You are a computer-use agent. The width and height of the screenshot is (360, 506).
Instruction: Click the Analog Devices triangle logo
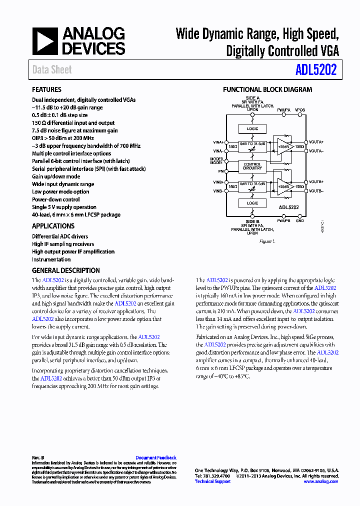[x=45, y=41]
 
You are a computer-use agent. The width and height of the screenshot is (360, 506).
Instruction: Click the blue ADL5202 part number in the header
[x=315, y=69]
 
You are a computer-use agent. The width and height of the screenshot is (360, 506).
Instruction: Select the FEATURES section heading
[x=46, y=89]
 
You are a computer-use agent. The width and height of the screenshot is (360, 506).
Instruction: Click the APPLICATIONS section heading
[x=53, y=226]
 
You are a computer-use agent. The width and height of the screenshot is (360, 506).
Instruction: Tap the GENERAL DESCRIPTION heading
[x=65, y=270]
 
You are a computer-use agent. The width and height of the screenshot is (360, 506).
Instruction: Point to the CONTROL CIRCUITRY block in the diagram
[x=252, y=166]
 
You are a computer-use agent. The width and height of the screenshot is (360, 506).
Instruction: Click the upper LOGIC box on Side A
[x=252, y=129]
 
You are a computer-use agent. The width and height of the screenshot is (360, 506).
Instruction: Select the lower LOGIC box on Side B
[x=252, y=203]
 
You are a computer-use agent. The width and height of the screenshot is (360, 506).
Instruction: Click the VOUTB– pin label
[x=316, y=191]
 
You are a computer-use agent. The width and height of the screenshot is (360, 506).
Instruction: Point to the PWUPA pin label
[x=283, y=109]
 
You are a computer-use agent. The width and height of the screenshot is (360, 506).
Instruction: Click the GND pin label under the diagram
[x=299, y=220]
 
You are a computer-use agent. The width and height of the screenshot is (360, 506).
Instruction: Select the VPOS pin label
[x=300, y=109]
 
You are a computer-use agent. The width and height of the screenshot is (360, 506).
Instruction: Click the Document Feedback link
[x=156, y=457]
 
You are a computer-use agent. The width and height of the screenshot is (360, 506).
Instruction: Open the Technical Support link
[x=212, y=481]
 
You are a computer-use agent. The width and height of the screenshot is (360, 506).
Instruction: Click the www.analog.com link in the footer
[x=320, y=481]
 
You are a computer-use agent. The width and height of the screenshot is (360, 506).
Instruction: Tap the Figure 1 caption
[x=267, y=241]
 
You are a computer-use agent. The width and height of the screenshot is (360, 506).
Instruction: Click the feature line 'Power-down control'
[x=56, y=199]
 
